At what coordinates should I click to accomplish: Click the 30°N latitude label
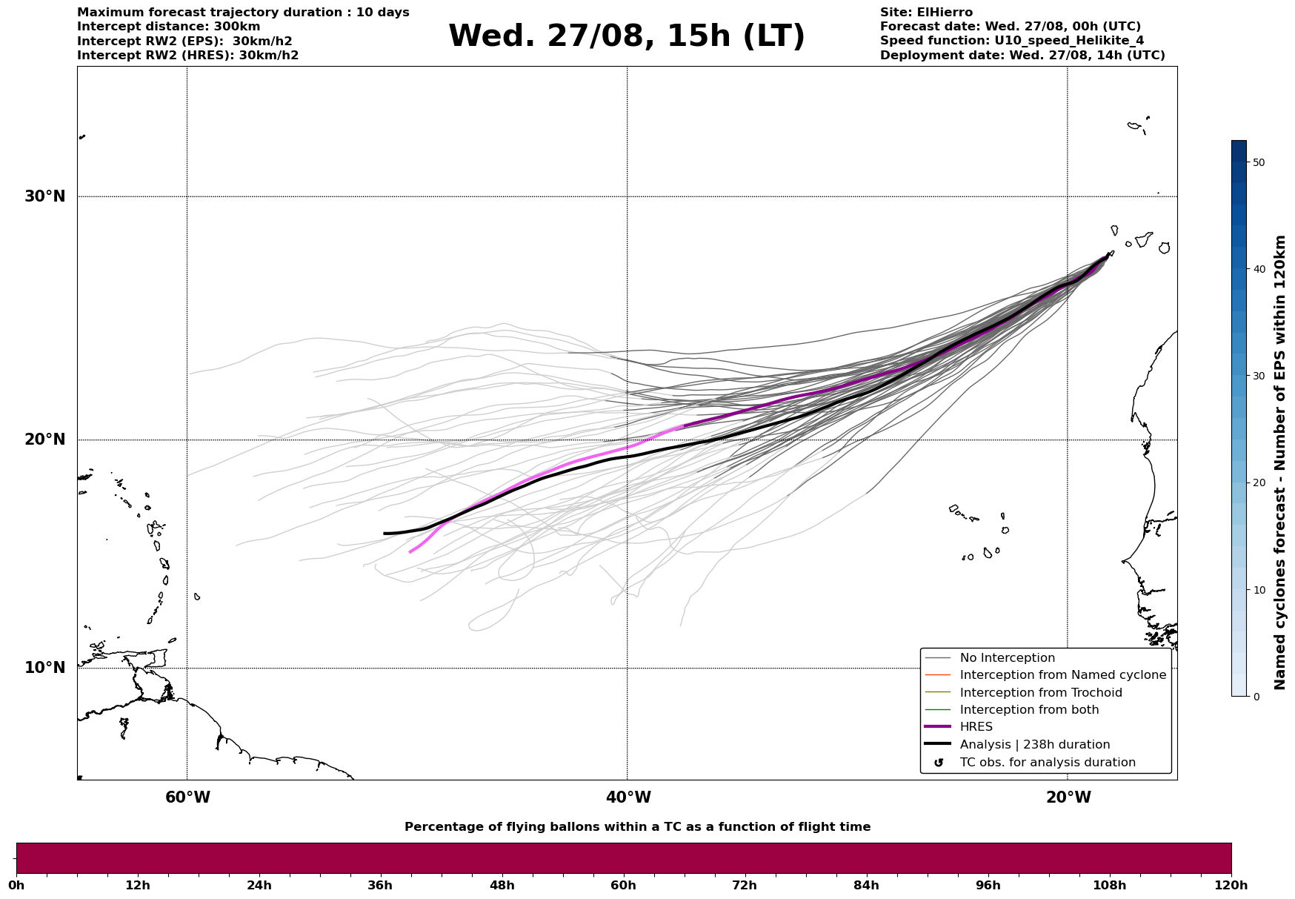coord(44,196)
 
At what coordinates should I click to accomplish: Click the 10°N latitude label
coord(44,668)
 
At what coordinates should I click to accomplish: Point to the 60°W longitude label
coord(187,797)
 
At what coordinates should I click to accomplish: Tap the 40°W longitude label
coord(628,797)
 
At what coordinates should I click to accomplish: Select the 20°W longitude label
coord(1068,797)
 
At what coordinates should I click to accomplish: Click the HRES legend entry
coord(976,727)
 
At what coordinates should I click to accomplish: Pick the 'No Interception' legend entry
coord(1007,658)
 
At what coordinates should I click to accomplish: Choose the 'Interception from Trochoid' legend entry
coord(1040,693)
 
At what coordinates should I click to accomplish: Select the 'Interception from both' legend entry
coord(1029,710)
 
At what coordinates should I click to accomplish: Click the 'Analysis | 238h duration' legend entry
coord(1034,745)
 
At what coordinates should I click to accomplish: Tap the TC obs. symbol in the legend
coord(939,763)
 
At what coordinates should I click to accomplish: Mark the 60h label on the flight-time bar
coord(623,886)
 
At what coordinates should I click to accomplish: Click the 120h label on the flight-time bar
coord(1231,886)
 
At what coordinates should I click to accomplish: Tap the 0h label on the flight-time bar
coord(16,886)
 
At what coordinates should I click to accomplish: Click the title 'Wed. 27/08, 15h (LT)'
coord(626,36)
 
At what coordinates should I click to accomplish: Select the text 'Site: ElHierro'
coord(926,13)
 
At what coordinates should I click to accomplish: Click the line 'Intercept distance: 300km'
coord(169,27)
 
